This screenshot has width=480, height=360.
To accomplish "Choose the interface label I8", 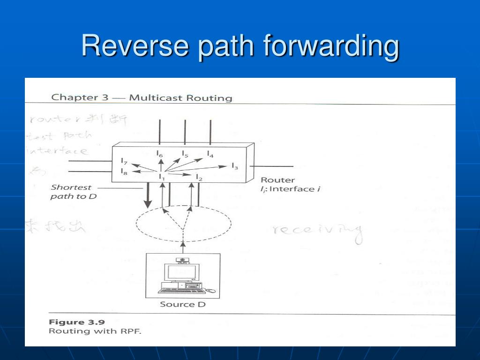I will (124, 172).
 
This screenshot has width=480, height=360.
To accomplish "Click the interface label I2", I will (199, 178).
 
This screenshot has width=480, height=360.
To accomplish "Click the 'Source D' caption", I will (183, 304).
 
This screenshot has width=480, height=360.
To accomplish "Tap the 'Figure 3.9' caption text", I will (77, 322).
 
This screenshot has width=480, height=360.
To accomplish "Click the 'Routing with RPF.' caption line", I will (95, 331).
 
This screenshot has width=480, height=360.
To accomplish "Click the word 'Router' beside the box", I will (277, 180).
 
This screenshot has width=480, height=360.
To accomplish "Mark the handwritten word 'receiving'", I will (318, 230).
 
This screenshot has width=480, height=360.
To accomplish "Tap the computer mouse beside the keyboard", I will (211, 291).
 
